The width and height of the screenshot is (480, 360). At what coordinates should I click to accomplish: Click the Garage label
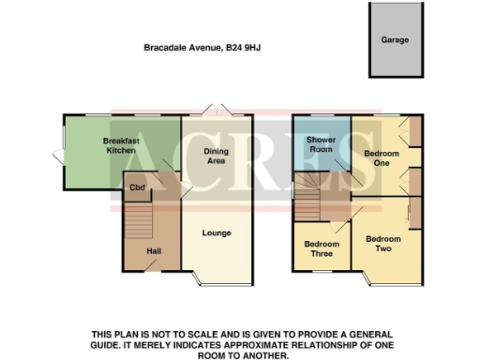(394, 40)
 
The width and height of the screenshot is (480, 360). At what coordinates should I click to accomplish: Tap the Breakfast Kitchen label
(121, 145)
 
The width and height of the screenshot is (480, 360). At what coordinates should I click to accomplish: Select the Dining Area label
(217, 156)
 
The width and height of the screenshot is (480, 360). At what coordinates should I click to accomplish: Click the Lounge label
(217, 233)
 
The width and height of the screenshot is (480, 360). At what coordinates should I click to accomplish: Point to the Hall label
(154, 251)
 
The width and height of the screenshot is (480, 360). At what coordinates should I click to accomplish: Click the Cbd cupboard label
(137, 187)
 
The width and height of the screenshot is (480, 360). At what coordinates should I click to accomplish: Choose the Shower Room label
(322, 145)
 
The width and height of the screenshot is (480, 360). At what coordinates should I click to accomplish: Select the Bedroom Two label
(383, 243)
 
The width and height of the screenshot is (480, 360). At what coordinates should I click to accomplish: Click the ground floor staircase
(138, 222)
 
